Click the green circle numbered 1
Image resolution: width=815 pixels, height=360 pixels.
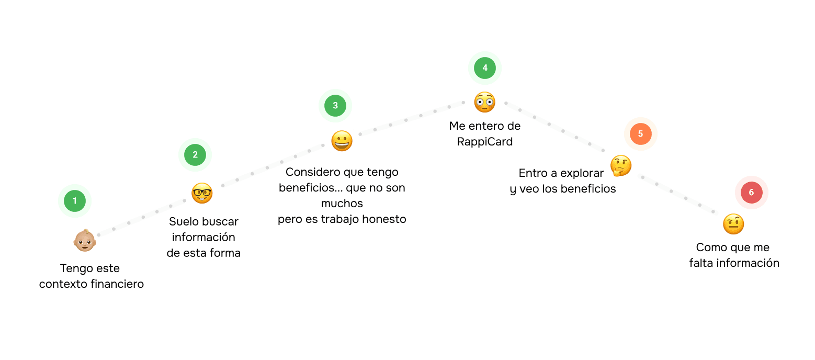(x=75, y=201)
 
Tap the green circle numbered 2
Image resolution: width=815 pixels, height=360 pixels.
(x=195, y=154)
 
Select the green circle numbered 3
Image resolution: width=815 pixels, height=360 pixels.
(x=335, y=105)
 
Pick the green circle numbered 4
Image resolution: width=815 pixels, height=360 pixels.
(x=485, y=68)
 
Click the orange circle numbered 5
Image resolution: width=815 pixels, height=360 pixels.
(x=640, y=134)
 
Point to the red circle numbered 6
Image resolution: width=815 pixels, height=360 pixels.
(x=751, y=193)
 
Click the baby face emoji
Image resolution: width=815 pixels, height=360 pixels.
(x=84, y=240)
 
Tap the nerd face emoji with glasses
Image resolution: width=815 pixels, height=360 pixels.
(x=202, y=193)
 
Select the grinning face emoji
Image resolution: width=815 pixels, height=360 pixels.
(x=342, y=141)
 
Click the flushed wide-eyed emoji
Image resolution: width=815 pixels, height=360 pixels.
(x=485, y=102)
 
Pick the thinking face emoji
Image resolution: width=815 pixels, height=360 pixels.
(x=621, y=166)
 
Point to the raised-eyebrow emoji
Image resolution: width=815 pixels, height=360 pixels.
(x=733, y=224)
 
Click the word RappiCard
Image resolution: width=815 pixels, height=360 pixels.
(x=485, y=142)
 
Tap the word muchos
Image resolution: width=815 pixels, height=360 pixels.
(x=342, y=204)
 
